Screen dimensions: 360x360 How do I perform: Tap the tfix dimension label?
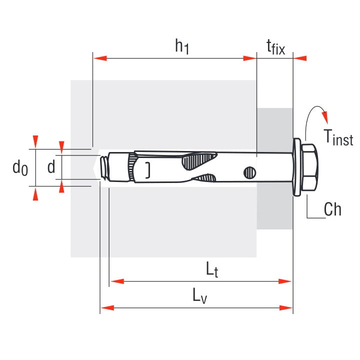[275, 47]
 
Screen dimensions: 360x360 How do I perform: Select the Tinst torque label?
[338, 137]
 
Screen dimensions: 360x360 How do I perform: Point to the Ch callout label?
[332, 209]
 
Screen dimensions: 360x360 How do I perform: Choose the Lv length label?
[200, 296]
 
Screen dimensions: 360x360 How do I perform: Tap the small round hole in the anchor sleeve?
[249, 172]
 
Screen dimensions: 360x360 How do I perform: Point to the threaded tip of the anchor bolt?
[104, 167]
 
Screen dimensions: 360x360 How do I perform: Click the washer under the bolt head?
[297, 167]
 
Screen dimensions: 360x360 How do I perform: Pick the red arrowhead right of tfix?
[300, 58]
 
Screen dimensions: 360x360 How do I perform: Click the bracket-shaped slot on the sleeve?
[147, 170]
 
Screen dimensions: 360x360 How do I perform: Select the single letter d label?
[51, 167]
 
